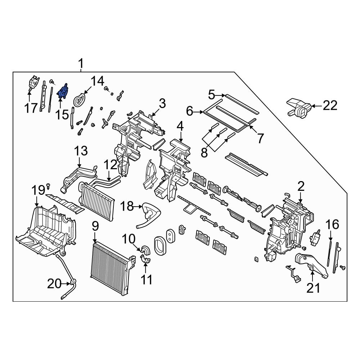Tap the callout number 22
(x=330, y=105)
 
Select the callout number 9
(x=95, y=226)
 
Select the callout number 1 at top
(x=81, y=64)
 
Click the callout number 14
(x=96, y=81)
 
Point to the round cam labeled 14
(x=81, y=100)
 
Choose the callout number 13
(x=81, y=151)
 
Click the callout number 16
(x=332, y=225)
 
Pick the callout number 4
(x=180, y=126)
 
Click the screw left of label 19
(x=48, y=186)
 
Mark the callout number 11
(x=146, y=279)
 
